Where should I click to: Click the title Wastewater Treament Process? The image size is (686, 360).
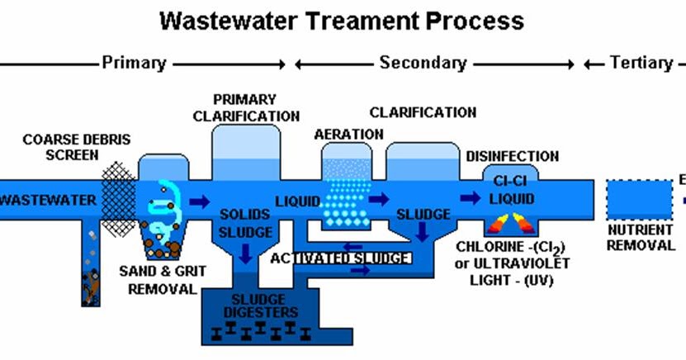342,20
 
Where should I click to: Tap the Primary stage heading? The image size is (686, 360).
134,63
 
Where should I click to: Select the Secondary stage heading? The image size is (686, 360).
423,63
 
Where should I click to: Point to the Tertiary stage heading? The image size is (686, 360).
641,63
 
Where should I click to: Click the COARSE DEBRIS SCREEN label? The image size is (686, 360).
65,146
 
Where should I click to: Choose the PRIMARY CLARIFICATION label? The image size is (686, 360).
245,107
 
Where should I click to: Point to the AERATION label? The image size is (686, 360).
348,134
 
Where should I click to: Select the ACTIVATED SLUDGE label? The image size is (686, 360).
341,258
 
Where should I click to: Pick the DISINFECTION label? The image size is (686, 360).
512,156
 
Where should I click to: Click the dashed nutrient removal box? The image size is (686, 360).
639,199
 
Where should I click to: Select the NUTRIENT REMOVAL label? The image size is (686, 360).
641,238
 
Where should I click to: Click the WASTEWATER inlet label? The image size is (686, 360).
45,199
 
